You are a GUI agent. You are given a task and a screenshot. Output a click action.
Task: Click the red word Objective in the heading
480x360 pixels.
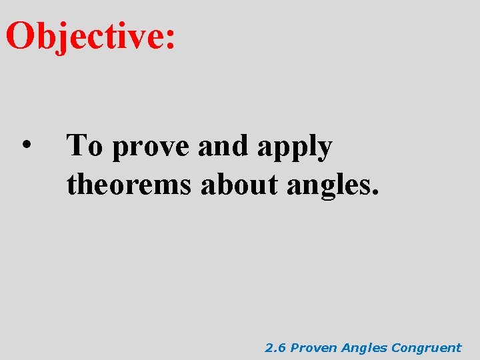tap(84, 37)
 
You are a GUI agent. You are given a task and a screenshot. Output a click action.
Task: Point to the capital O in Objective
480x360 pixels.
tap(20, 36)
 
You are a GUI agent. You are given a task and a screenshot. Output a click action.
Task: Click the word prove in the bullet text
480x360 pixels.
tap(151, 148)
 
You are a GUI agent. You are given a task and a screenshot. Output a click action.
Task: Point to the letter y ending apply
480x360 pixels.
tap(323, 151)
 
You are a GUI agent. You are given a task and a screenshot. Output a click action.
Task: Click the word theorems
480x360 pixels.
tap(129, 185)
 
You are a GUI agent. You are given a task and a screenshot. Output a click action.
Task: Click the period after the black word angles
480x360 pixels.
tap(375, 194)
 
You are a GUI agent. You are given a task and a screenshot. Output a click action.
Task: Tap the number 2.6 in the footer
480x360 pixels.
tap(275, 347)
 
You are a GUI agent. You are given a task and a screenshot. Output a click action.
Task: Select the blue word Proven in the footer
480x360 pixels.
tap(315, 347)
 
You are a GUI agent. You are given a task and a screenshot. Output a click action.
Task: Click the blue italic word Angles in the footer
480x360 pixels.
tap(365, 348)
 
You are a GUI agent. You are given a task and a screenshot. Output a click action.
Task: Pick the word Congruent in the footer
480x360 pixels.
tap(426, 348)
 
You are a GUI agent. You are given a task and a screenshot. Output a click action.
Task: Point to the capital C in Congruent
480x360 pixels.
tap(396, 347)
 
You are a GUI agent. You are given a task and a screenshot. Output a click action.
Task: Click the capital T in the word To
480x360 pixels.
tap(77, 145)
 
